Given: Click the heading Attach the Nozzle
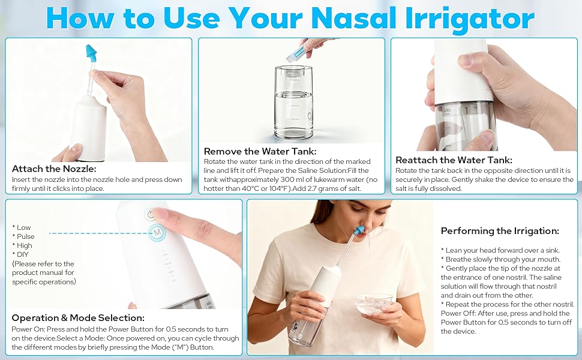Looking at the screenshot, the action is pyautogui.click(x=54, y=169).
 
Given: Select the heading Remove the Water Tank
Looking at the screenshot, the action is pyautogui.click(x=260, y=151).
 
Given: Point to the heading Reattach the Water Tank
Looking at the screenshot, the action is pyautogui.click(x=454, y=160).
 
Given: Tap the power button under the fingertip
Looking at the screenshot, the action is pyautogui.click(x=150, y=215).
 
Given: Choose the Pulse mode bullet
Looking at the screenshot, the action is pyautogui.click(x=23, y=236).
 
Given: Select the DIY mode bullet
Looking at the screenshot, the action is pyautogui.click(x=20, y=254).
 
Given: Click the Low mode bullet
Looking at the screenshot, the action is pyautogui.click(x=22, y=227).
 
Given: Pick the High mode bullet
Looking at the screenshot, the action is pyautogui.click(x=22, y=245).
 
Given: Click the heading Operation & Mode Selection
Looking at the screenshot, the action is pyautogui.click(x=78, y=318).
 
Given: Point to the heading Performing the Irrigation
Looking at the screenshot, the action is pyautogui.click(x=500, y=231).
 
